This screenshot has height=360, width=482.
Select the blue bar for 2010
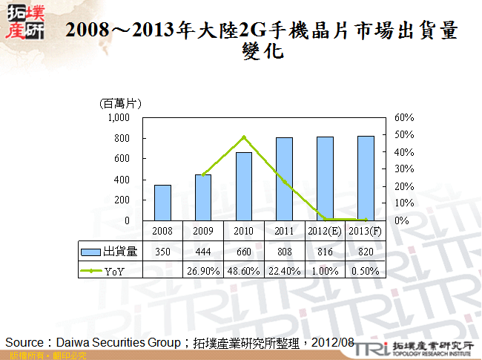(x=244, y=186)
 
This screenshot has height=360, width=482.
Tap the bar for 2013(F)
(x=366, y=178)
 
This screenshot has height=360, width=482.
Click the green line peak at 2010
(x=244, y=137)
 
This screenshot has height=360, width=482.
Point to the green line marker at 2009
(x=203, y=174)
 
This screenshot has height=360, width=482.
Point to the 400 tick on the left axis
(x=122, y=180)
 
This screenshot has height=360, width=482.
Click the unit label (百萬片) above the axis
(x=120, y=103)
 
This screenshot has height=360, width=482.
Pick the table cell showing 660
(x=244, y=252)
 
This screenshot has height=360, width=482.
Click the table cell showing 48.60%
(x=244, y=271)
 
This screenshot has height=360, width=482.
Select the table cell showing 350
(x=162, y=252)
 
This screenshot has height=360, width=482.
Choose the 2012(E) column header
(x=325, y=232)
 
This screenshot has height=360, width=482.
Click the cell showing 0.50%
(x=366, y=271)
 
